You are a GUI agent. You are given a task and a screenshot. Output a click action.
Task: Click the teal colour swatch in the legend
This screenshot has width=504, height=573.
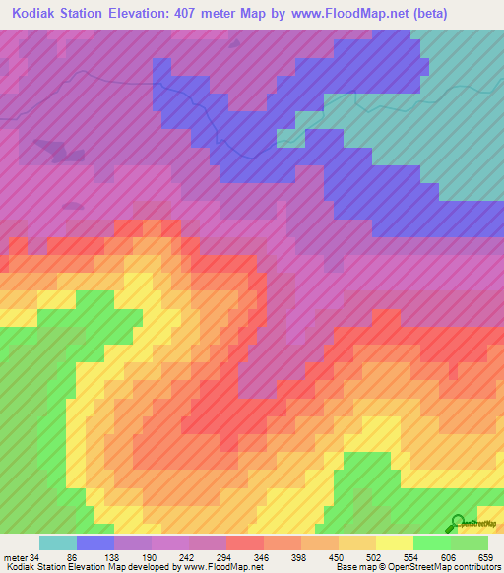[x=58, y=542]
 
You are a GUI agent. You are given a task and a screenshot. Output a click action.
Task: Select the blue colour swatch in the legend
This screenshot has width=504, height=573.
[x=95, y=542]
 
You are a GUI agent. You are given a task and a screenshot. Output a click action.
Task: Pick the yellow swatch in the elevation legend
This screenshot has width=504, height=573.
[x=395, y=542]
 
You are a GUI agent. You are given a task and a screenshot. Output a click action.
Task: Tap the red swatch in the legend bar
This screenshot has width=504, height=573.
[x=245, y=542]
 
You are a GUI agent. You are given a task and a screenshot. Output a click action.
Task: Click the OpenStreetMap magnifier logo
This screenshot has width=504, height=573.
[x=458, y=522]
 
